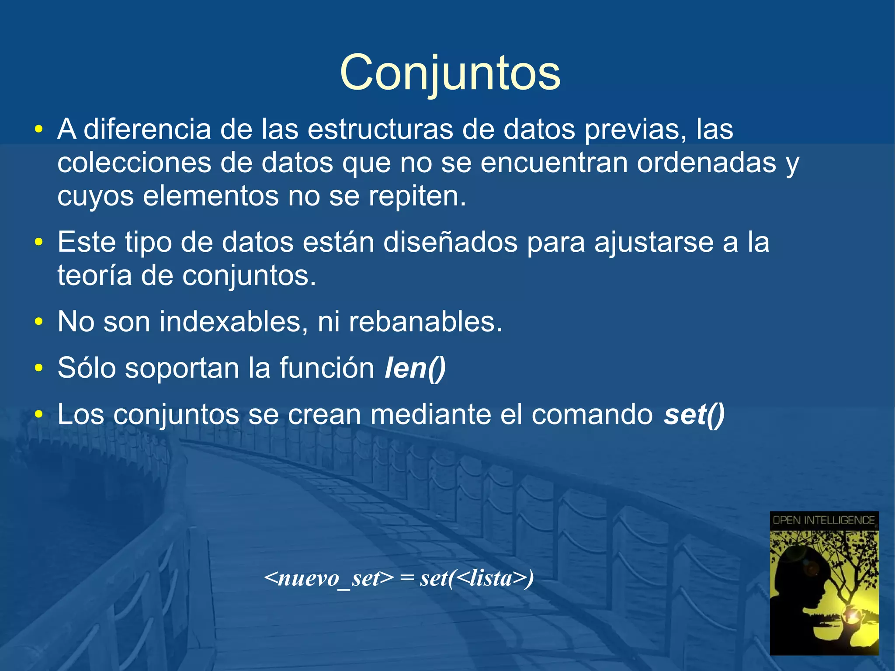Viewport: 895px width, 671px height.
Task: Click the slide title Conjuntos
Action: [x=450, y=73]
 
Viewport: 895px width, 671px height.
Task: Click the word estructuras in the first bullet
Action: [x=380, y=129]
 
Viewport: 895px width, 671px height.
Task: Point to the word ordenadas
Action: [x=706, y=163]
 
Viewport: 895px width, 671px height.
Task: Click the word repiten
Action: [x=417, y=196]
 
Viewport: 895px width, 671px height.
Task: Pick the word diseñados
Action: [x=450, y=242]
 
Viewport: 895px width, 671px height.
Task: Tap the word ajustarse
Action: [x=654, y=242]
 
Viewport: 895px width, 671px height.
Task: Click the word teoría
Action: [x=94, y=275]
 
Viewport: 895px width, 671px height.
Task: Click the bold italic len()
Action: [x=415, y=368]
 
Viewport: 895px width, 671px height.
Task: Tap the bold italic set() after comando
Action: [x=694, y=414]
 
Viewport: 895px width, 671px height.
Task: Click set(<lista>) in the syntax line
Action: [x=477, y=578]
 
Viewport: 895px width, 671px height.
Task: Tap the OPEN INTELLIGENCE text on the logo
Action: [x=824, y=520]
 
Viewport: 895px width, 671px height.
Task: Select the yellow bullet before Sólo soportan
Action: [x=39, y=368]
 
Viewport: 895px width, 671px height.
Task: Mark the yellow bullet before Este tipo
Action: [x=39, y=242]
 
